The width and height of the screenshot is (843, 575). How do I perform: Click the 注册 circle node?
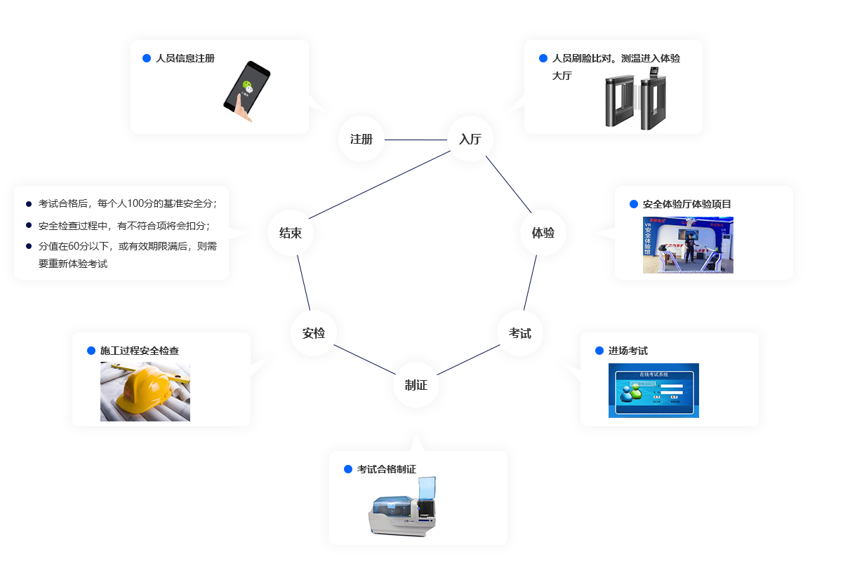point(361,139)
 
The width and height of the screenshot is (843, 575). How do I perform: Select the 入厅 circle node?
point(470,139)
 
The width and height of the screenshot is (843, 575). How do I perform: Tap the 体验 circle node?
point(543,233)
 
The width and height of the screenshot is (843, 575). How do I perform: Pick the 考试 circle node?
point(519,333)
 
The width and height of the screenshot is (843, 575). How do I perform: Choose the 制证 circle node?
point(416,384)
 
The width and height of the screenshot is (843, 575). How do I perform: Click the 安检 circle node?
point(314,333)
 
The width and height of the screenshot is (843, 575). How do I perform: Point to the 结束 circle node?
point(290,233)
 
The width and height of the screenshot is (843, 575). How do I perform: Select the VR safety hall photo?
point(688,244)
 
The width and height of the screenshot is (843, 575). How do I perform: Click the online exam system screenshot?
point(653,390)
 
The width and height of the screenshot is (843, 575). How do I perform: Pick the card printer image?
point(402,506)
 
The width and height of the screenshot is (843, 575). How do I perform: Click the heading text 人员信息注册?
point(185,58)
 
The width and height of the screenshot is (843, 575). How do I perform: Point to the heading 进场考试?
point(628,351)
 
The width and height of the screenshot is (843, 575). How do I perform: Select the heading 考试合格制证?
point(387,469)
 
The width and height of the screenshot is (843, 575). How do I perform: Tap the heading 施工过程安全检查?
point(144,351)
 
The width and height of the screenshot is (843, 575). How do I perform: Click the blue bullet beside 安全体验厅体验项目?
point(634,204)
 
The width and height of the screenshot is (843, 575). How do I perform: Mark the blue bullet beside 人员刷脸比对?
point(543,58)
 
